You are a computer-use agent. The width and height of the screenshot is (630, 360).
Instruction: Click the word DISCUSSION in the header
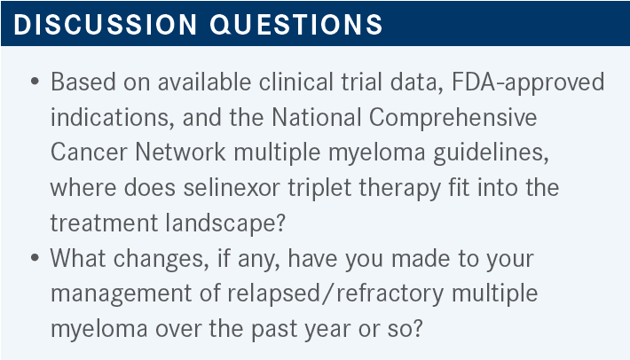[106, 24]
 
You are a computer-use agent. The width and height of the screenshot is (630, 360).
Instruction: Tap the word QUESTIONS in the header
[296, 25]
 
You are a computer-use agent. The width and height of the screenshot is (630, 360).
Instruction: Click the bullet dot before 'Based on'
[35, 82]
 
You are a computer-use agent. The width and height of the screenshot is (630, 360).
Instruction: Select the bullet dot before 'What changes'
[35, 258]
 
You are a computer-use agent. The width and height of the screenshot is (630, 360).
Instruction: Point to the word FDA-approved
[528, 82]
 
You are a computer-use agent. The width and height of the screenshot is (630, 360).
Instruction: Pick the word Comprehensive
[453, 118]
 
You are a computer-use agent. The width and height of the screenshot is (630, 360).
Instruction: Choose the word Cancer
[89, 153]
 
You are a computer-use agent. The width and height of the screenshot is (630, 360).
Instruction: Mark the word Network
[180, 153]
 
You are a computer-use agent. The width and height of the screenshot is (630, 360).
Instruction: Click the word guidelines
[491, 153]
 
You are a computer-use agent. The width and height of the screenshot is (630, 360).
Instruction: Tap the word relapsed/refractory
[335, 293]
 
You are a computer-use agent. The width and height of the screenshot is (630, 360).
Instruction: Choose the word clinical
[296, 82]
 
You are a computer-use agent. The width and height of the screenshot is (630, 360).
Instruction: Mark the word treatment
[104, 223]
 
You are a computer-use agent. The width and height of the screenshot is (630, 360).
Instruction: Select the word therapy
[399, 188]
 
